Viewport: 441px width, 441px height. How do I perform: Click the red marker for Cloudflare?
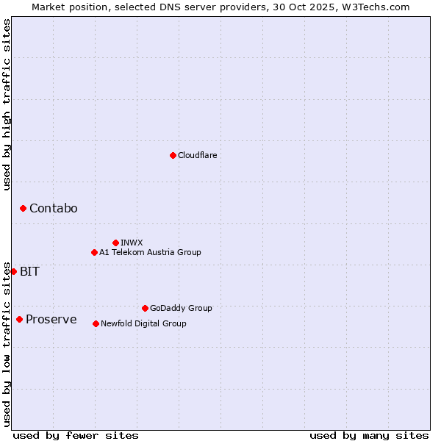click(x=173, y=155)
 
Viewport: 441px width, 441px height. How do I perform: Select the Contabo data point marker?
click(x=23, y=209)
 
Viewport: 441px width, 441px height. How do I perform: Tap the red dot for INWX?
click(x=115, y=243)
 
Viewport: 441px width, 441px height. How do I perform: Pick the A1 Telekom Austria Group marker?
click(x=94, y=252)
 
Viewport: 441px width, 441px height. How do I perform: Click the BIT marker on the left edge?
click(x=13, y=271)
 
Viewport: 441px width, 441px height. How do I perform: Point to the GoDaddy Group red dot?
click(x=145, y=308)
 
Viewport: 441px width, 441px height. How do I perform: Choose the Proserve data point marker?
click(x=19, y=319)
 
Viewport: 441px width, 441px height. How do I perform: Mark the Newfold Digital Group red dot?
click(x=96, y=323)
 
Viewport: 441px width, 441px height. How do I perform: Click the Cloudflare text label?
click(x=197, y=155)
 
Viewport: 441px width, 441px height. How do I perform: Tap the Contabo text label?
click(x=53, y=209)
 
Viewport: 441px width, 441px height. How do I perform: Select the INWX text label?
click(x=132, y=243)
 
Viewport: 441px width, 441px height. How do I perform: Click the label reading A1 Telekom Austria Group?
click(x=150, y=252)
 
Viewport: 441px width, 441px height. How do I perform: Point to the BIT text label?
click(x=29, y=271)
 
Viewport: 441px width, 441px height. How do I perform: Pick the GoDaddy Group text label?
click(x=180, y=308)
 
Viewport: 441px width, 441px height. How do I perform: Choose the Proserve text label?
click(x=51, y=319)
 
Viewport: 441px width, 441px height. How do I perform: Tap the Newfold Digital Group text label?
click(x=143, y=323)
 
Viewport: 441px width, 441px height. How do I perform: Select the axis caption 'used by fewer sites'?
click(x=76, y=435)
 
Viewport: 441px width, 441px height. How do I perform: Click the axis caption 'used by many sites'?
click(x=369, y=435)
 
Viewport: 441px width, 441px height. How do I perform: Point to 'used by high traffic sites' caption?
click(x=7, y=104)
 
